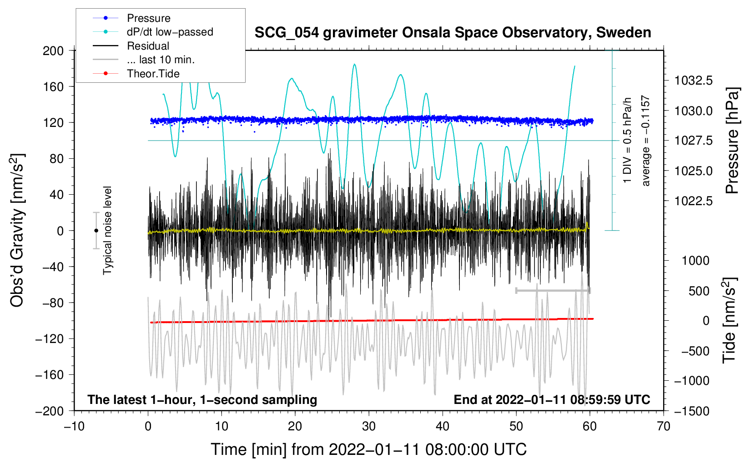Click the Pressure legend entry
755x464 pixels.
click(x=148, y=18)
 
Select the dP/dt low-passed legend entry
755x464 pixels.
click(x=170, y=32)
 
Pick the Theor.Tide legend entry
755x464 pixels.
click(x=153, y=74)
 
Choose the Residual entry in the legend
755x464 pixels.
click(x=148, y=46)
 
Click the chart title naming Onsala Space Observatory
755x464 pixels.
click(x=453, y=33)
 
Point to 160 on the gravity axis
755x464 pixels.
click(x=53, y=86)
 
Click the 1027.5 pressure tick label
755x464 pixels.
click(x=694, y=141)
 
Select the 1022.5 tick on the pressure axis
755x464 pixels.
click(x=694, y=201)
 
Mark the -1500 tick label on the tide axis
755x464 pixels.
click(x=693, y=411)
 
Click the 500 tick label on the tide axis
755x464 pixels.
click(x=699, y=291)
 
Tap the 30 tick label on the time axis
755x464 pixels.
click(x=369, y=426)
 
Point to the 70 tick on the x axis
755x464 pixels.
click(x=664, y=426)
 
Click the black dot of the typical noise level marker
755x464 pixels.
click(x=96, y=231)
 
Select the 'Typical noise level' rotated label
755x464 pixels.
click(x=107, y=230)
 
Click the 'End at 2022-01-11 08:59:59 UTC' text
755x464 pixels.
click(x=552, y=399)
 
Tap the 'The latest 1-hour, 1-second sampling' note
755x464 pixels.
click(x=202, y=399)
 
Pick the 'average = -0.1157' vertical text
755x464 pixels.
click(x=646, y=141)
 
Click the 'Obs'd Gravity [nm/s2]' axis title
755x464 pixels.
click(x=17, y=231)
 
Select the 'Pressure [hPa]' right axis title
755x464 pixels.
click(x=732, y=141)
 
